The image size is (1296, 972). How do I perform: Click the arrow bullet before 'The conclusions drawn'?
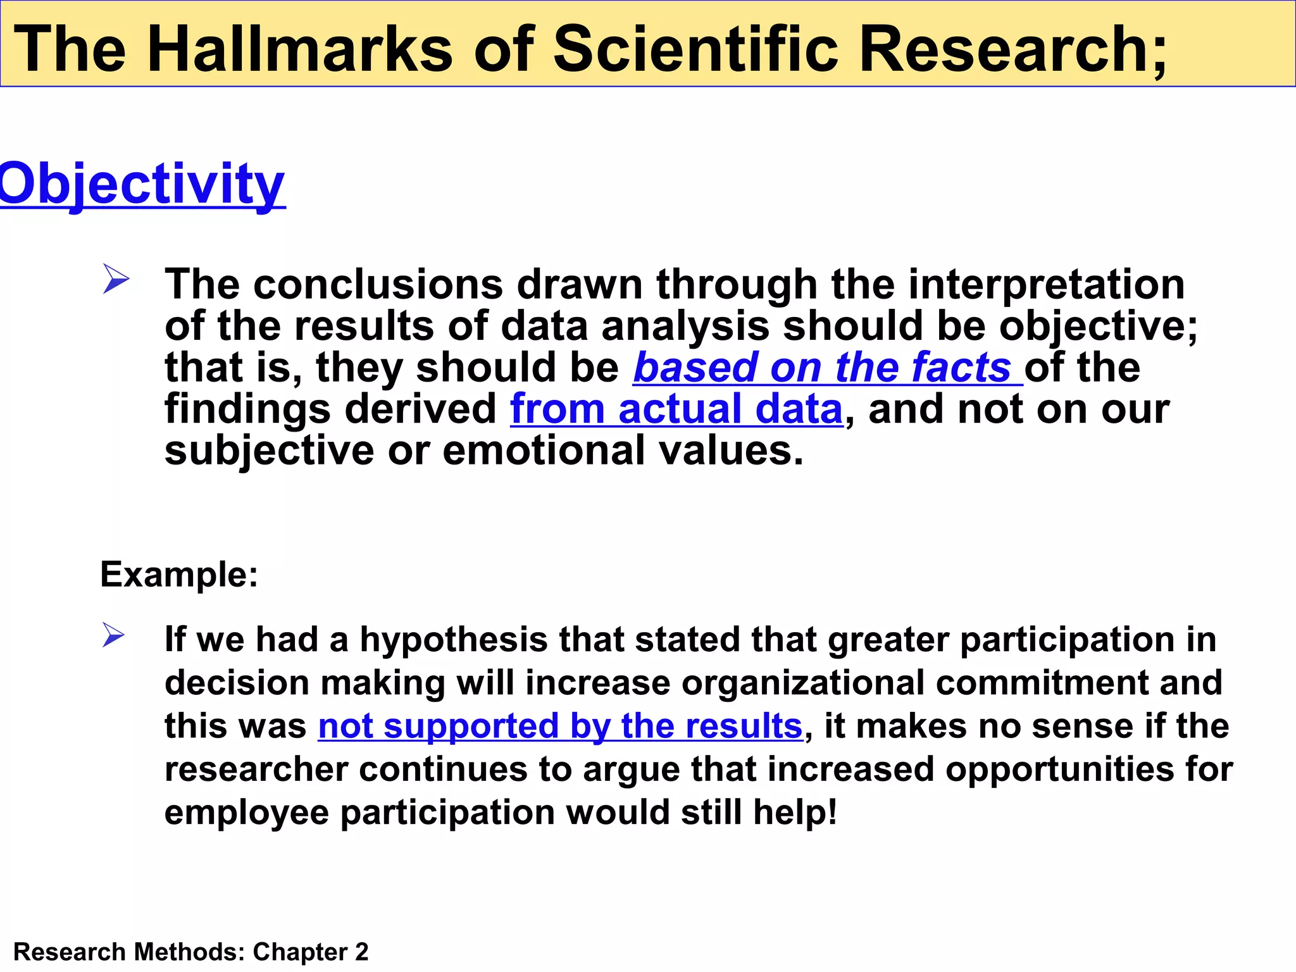116,279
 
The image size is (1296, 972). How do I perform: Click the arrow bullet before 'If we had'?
113,635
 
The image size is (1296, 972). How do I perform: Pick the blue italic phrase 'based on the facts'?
822,368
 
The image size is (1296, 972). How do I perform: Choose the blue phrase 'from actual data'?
676,409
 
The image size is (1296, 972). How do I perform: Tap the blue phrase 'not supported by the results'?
560,726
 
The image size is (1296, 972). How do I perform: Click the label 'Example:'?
179,575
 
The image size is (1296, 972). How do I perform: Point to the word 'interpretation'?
1046,284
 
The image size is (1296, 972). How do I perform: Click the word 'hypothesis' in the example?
453,640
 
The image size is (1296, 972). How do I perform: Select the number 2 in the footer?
361,952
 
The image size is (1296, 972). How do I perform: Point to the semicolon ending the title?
1159,54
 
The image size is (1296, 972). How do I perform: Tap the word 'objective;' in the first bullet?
1099,327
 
